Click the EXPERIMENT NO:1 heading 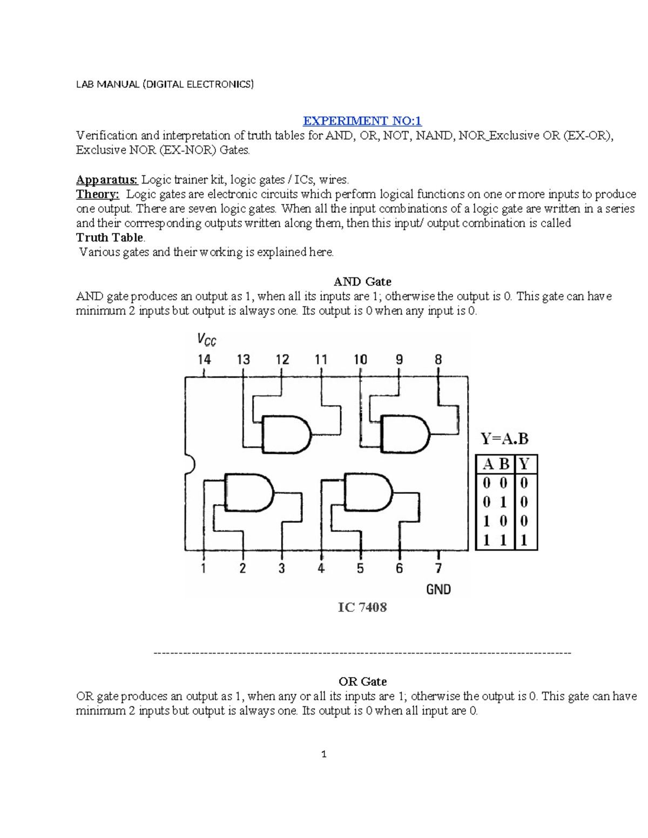click(x=362, y=121)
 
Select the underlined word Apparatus click(x=106, y=180)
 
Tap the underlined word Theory click(x=97, y=194)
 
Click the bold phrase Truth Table click(x=110, y=237)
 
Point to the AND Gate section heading click(x=362, y=282)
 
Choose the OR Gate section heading click(x=362, y=682)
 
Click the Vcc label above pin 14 click(x=206, y=340)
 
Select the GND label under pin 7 click(x=438, y=589)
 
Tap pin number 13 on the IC click(x=244, y=359)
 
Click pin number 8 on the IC click(x=438, y=359)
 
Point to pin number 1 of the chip click(x=204, y=568)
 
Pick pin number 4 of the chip click(x=321, y=568)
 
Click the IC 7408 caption click(x=362, y=608)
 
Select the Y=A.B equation click(x=504, y=439)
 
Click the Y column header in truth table click(x=524, y=464)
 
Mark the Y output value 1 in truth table click(x=524, y=540)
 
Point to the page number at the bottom click(x=324, y=754)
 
